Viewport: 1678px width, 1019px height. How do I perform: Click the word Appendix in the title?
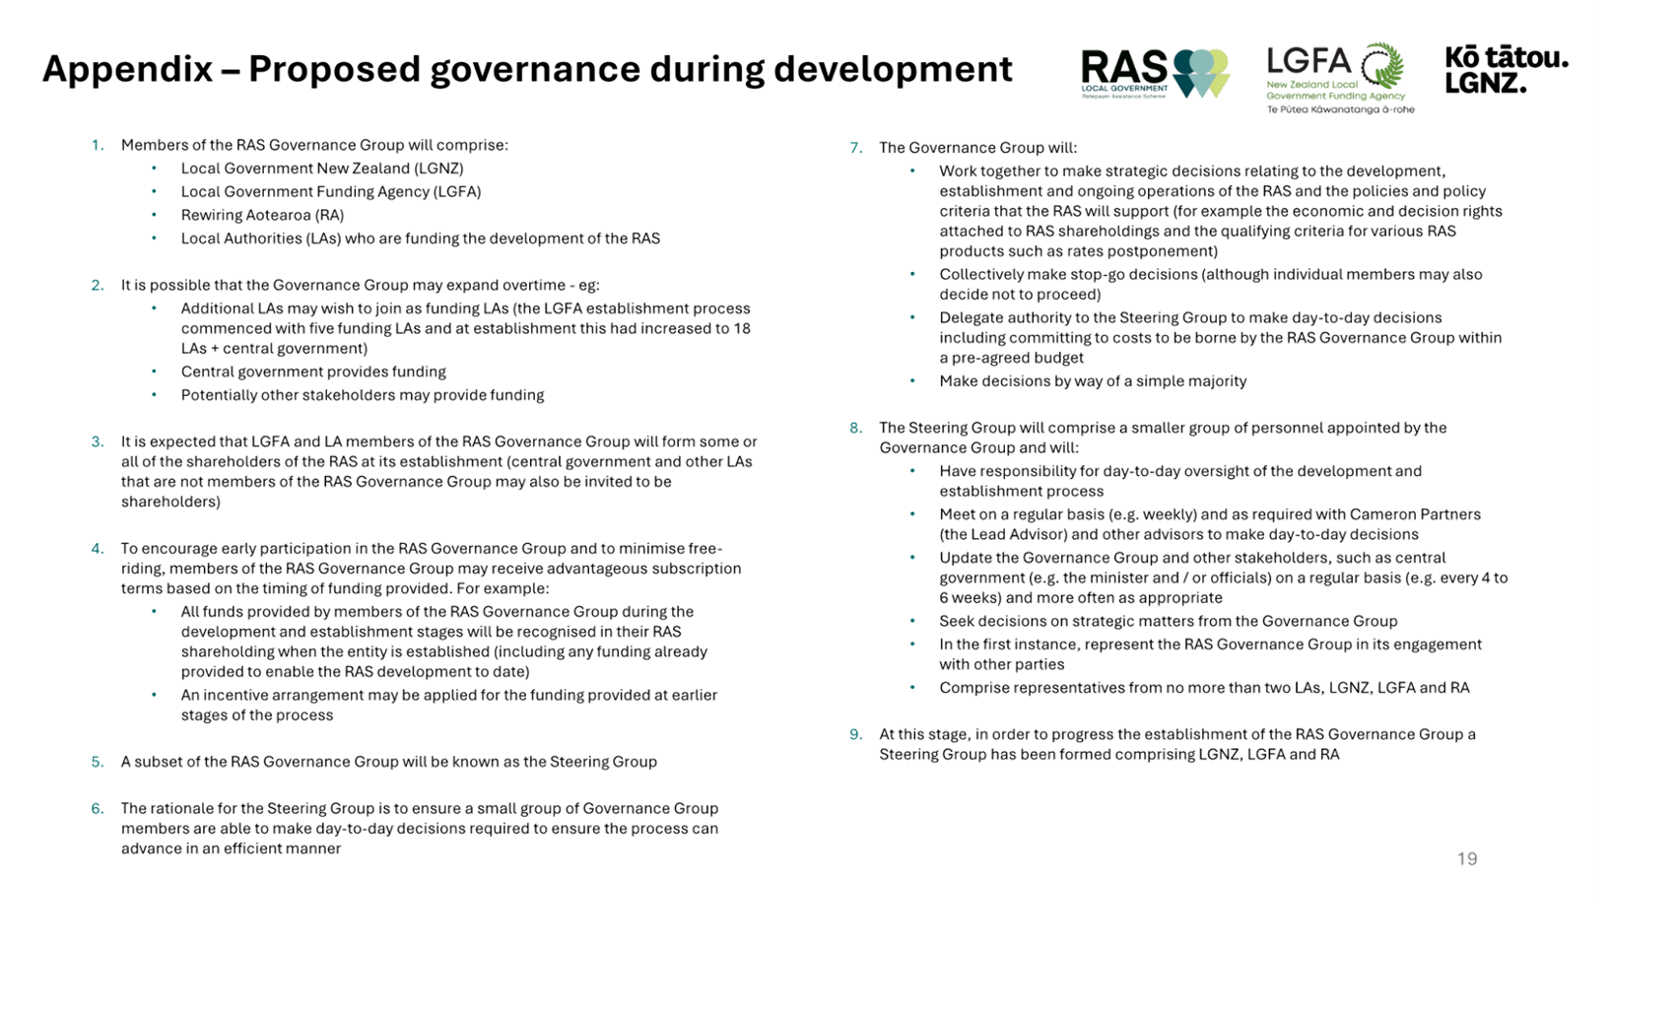click(127, 70)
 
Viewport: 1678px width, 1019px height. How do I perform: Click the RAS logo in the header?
click(1155, 74)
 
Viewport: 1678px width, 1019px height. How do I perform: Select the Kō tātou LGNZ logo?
click(1507, 70)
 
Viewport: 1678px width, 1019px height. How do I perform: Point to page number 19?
click(1467, 858)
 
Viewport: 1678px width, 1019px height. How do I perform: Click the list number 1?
click(98, 145)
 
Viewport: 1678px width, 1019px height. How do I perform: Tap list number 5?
click(98, 762)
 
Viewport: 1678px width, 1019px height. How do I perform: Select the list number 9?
click(855, 734)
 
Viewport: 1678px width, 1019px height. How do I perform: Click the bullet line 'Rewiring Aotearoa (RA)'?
click(262, 215)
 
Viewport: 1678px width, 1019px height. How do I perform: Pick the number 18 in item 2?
click(742, 328)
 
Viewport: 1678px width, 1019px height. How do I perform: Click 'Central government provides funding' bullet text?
click(313, 372)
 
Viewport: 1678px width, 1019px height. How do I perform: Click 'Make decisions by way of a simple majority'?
click(1093, 381)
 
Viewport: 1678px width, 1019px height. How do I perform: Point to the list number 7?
click(855, 149)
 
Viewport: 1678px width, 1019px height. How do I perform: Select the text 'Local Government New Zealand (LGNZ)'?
click(322, 169)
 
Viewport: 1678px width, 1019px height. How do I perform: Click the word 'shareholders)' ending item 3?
click(170, 502)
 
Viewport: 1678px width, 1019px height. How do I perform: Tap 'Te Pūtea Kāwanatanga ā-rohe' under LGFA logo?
click(1340, 109)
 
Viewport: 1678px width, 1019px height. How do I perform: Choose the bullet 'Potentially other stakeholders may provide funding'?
click(363, 395)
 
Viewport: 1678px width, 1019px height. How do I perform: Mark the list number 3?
click(98, 442)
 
